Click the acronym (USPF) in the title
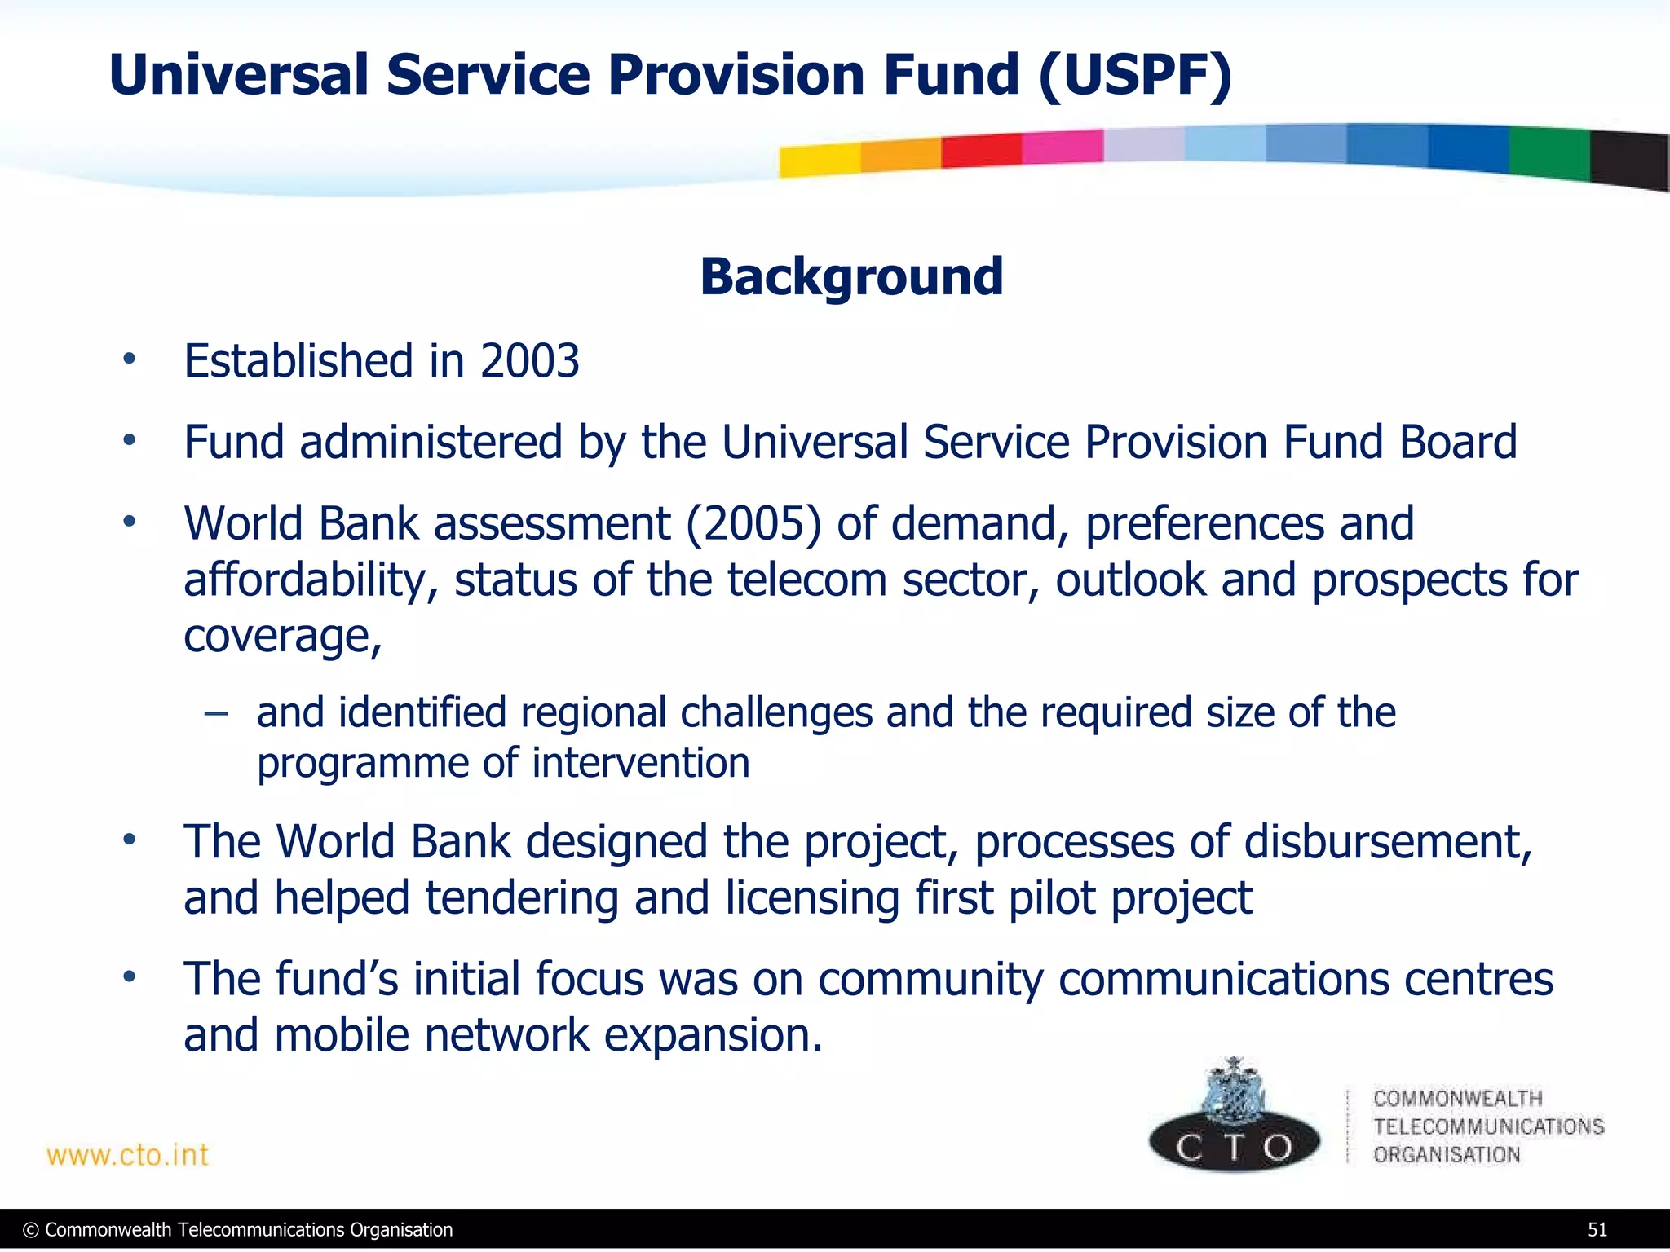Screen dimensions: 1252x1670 click(1135, 75)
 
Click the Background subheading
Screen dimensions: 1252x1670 click(851, 276)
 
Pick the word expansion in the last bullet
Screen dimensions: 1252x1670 click(713, 1035)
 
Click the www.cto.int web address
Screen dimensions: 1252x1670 click(127, 1155)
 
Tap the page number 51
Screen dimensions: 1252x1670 click(1597, 1230)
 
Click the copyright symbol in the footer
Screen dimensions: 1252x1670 click(31, 1230)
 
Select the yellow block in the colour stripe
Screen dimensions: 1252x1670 click(819, 160)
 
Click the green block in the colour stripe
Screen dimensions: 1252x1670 click(1549, 152)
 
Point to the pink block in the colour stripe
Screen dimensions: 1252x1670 click(1062, 147)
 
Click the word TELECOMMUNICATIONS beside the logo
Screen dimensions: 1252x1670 click(1488, 1126)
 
